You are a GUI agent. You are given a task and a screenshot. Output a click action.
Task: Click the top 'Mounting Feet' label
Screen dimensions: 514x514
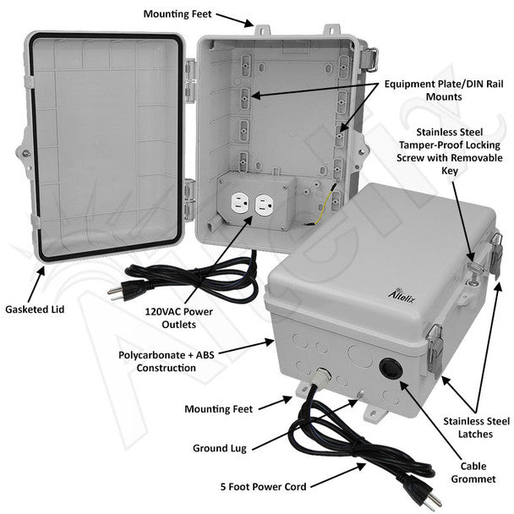click(178, 14)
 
